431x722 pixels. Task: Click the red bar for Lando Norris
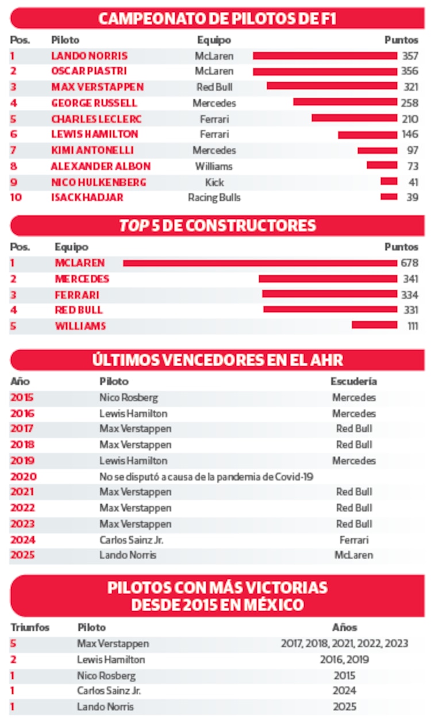point(325,56)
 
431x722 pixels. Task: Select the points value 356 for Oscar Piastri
point(410,71)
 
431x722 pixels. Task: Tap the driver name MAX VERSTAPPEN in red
point(97,87)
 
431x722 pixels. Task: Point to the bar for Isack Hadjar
point(388,197)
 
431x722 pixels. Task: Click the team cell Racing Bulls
point(214,198)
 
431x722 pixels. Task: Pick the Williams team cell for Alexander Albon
point(214,167)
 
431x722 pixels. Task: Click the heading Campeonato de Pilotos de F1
point(217,18)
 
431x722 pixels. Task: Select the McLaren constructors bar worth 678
point(260,263)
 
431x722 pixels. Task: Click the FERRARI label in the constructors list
point(77,295)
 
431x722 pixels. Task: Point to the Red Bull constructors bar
point(330,310)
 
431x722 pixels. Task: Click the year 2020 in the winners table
point(22,477)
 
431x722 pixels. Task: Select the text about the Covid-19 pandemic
point(206,477)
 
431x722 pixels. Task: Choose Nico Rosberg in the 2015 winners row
point(128,398)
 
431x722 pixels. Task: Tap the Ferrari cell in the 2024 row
point(354,540)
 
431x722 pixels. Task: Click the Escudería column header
point(354,382)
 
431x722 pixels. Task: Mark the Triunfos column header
point(29,628)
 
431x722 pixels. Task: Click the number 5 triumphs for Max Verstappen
point(13,644)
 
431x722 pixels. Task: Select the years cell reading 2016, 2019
point(344,660)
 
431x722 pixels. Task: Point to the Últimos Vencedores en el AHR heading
point(217,360)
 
